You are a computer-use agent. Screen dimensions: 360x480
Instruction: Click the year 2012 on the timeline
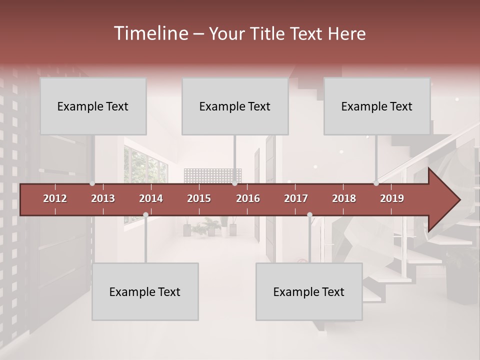[55, 198]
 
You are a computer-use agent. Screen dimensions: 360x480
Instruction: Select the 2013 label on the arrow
[103, 198]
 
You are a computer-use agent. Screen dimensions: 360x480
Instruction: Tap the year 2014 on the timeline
[151, 198]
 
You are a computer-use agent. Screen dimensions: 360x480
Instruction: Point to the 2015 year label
[199, 198]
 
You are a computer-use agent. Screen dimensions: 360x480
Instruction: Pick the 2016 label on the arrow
[248, 198]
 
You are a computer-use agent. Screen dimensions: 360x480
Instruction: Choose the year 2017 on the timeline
[296, 198]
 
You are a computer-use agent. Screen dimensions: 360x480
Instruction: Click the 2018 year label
[344, 198]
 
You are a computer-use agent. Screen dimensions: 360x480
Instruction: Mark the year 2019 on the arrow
[392, 198]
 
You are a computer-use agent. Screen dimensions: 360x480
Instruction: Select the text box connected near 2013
[93, 106]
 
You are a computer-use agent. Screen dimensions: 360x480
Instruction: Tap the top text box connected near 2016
[235, 106]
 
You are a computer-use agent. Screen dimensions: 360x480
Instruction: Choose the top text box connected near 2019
[377, 106]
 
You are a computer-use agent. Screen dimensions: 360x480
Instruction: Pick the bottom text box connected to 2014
[145, 291]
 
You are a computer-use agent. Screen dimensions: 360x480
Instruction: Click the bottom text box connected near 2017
[309, 291]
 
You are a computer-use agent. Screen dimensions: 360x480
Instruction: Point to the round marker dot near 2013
[92, 183]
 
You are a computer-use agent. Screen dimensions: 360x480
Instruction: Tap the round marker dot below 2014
[145, 215]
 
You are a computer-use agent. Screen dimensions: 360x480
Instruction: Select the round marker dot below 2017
[309, 215]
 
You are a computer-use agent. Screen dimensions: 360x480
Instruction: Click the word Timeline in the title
[150, 33]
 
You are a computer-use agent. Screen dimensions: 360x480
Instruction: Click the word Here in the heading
[347, 34]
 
